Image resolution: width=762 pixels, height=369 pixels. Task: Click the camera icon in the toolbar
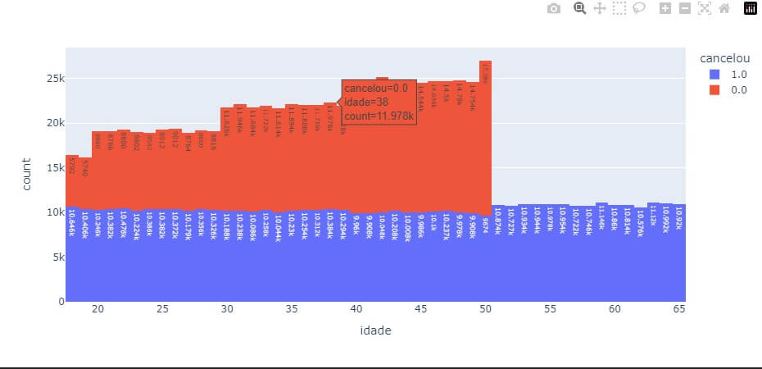554,8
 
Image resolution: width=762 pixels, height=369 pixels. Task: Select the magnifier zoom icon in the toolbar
579,8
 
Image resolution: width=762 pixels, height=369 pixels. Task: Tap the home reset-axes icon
723,8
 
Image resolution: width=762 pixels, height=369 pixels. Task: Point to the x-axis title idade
375,330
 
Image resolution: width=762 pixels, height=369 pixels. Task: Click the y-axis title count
26,175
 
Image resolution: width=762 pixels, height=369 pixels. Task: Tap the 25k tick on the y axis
54,78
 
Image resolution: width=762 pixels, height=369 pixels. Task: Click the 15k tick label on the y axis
54,167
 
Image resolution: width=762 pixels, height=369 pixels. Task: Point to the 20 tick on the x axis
98,309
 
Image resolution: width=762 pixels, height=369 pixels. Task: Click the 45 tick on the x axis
420,309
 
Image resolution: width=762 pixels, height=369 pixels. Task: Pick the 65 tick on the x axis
678,309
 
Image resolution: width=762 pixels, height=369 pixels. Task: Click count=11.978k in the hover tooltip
379,116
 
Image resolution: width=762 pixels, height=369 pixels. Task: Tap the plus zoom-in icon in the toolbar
664,8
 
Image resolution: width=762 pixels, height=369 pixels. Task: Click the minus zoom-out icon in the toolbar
684,8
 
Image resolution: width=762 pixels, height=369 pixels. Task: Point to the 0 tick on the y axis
60,301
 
